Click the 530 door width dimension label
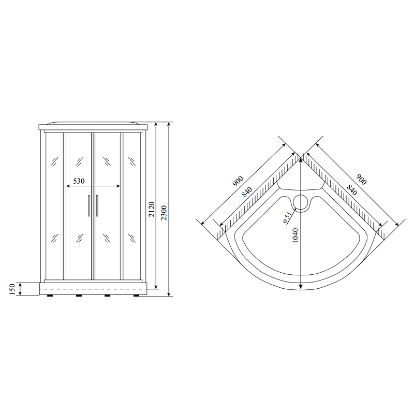coord(79,181)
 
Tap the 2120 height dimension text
coord(152,210)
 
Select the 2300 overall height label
coord(164,213)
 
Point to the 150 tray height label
coord(12,289)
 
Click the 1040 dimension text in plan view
coord(295,235)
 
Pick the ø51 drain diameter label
coord(287,217)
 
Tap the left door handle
coord(89,205)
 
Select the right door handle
coord(97,205)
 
